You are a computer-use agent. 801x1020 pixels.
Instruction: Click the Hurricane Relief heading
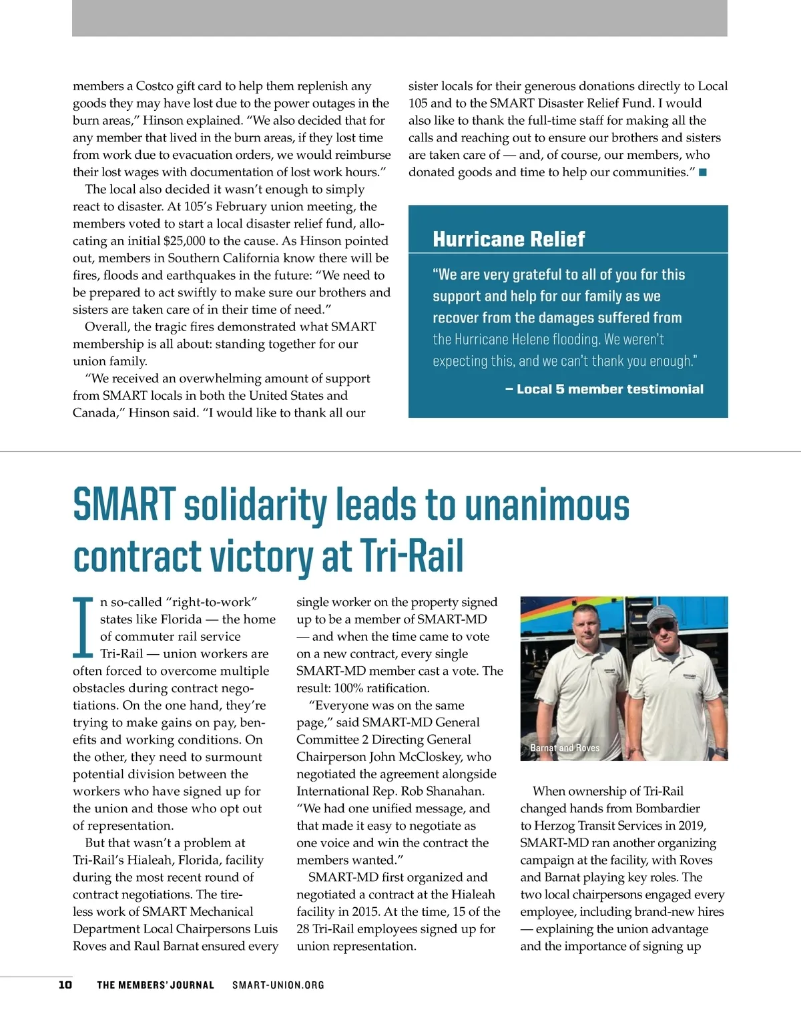pyautogui.click(x=509, y=239)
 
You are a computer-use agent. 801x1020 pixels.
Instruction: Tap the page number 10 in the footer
pyautogui.click(x=65, y=985)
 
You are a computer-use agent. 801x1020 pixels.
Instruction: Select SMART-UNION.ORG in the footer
pyautogui.click(x=278, y=985)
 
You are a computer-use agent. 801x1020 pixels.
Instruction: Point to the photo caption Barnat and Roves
pyautogui.click(x=565, y=748)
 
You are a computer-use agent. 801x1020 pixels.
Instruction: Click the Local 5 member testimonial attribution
pyautogui.click(x=604, y=389)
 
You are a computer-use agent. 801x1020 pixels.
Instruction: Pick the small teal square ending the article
pyautogui.click(x=702, y=173)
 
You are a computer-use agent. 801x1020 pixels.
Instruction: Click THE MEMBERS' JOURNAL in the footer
pyautogui.click(x=156, y=985)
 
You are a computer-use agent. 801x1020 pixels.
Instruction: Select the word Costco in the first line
pyautogui.click(x=156, y=86)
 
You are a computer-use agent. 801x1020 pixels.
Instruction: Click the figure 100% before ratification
pyautogui.click(x=350, y=688)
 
